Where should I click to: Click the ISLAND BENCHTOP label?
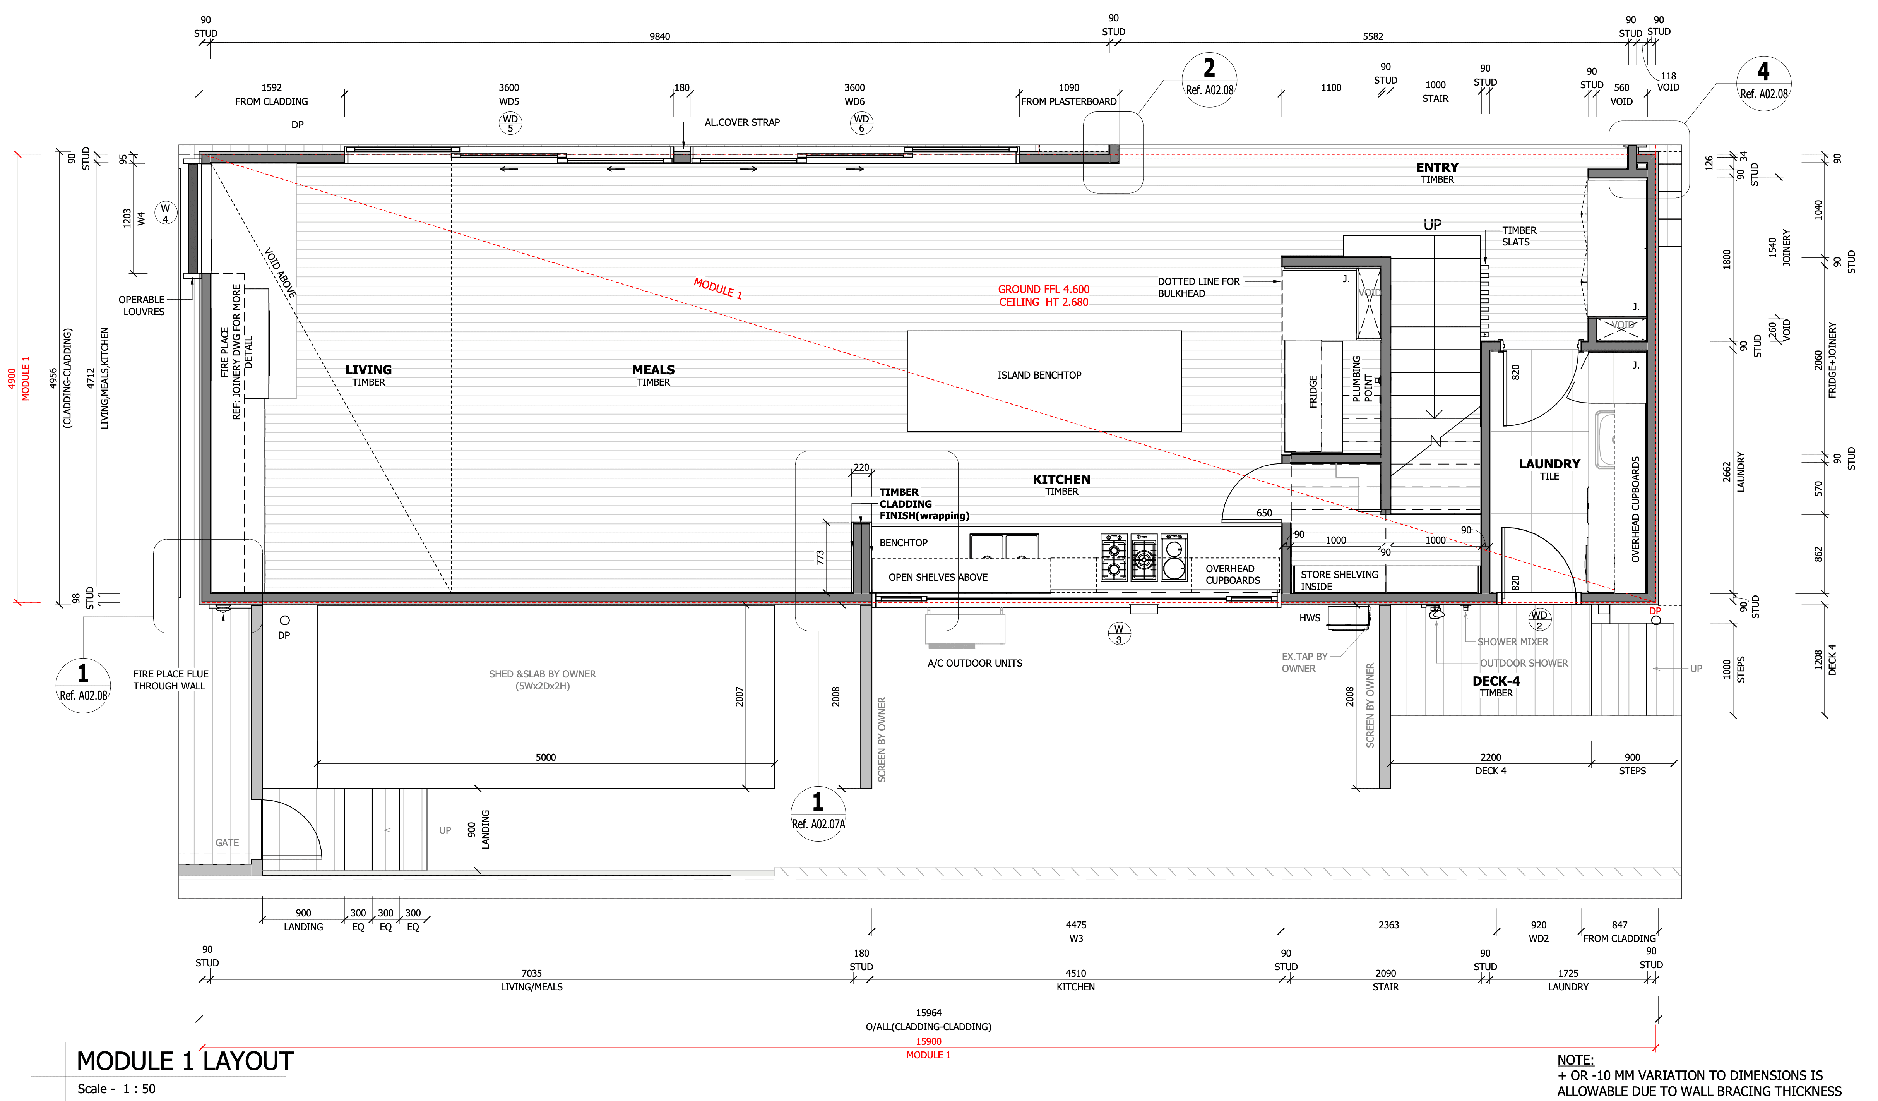click(1039, 375)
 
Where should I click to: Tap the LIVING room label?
click(368, 370)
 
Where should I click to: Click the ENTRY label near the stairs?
click(1437, 168)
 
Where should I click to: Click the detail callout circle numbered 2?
click(1209, 80)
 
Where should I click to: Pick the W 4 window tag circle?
click(166, 213)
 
